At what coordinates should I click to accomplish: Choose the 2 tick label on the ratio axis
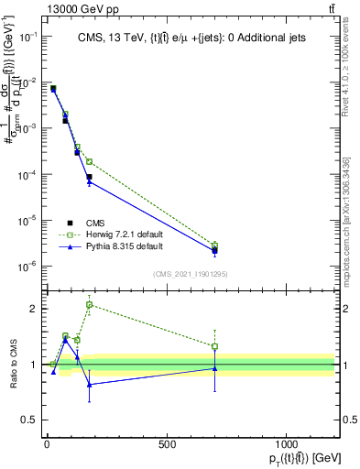click(31, 309)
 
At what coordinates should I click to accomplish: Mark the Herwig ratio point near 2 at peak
click(89, 304)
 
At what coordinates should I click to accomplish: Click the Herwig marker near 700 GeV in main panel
click(214, 245)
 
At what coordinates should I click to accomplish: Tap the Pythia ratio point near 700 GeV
click(214, 368)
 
